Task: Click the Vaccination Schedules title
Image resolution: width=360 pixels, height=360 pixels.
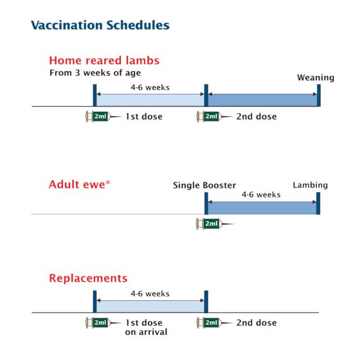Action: coord(100,26)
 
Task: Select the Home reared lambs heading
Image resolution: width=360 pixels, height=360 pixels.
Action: coord(104,60)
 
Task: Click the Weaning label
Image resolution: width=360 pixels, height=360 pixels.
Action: coord(315,78)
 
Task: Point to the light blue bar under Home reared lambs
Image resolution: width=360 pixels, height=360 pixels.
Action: coord(150,99)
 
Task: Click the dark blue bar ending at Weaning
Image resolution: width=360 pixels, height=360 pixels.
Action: coord(262,99)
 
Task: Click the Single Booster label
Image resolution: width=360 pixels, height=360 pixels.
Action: coord(204,185)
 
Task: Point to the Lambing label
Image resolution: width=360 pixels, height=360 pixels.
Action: coord(310,185)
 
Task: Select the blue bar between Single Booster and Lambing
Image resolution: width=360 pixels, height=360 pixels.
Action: coord(262,206)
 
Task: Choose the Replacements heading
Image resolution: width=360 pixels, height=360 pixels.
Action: coord(88,278)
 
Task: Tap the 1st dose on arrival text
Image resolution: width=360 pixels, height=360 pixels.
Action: coord(146,327)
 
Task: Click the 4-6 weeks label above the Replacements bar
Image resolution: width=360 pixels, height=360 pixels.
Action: coord(150,293)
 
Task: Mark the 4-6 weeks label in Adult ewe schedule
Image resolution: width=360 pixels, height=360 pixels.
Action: coord(261,194)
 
